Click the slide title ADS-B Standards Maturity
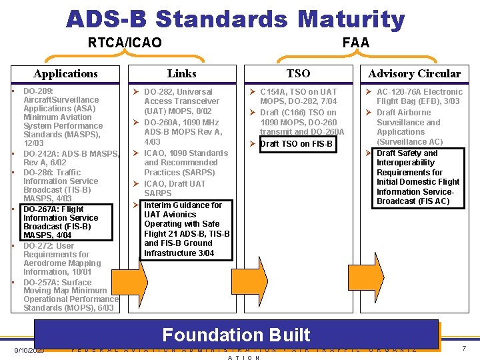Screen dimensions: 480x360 [x=235, y=19]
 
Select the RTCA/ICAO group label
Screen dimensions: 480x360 [x=125, y=43]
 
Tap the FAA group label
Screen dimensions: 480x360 [x=355, y=43]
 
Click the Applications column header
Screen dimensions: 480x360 [x=65, y=73]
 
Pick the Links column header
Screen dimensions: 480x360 [x=181, y=73]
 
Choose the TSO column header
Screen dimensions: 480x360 [x=298, y=73]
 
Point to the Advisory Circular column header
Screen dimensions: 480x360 [x=414, y=73]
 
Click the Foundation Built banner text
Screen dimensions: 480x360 [x=236, y=334]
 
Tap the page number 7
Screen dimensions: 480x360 [x=462, y=348]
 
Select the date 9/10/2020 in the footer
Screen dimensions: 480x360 [x=28, y=350]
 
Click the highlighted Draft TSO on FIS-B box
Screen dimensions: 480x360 [x=296, y=144]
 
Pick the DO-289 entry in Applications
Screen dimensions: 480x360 [x=38, y=91]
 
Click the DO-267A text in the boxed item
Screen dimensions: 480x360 [x=39, y=209]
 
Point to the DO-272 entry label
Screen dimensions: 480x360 [x=39, y=245]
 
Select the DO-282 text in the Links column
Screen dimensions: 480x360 [x=160, y=92]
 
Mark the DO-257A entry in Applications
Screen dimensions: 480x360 [x=41, y=282]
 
